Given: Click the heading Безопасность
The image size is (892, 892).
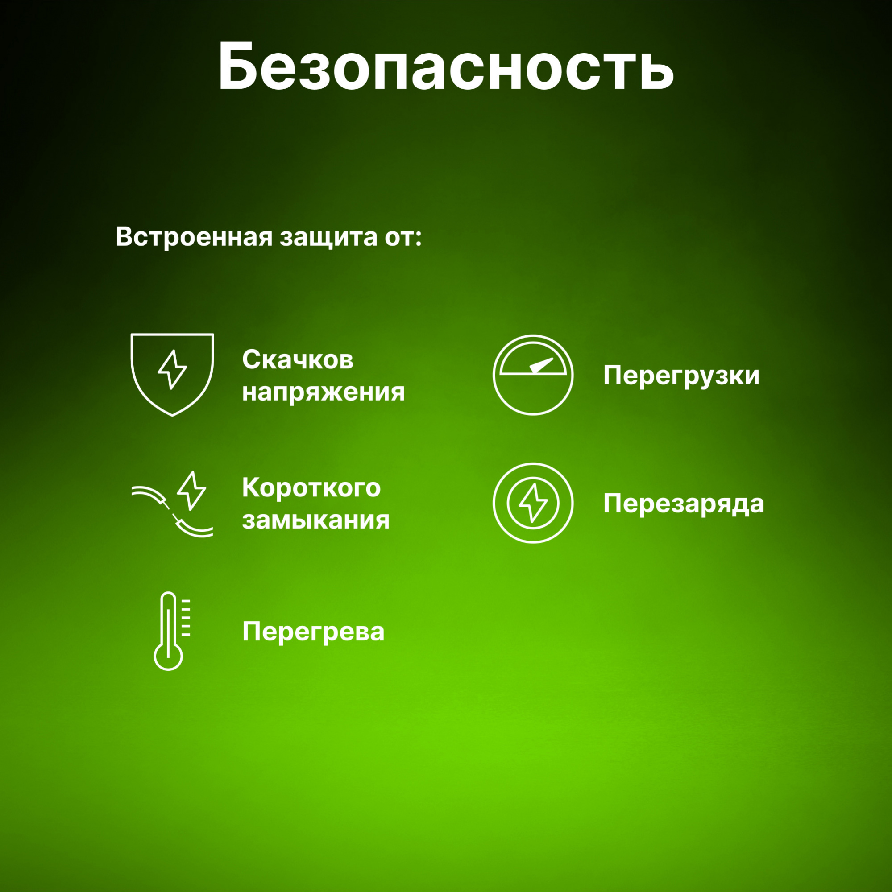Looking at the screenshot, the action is [x=445, y=66].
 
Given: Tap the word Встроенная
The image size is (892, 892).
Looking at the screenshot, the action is [x=194, y=236].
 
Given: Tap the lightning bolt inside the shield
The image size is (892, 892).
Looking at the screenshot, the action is [x=172, y=369].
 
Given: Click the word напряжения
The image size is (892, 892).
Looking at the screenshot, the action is [x=324, y=393].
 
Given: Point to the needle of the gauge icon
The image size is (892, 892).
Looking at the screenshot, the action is [x=541, y=364].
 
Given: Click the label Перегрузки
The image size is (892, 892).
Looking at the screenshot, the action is [x=681, y=376].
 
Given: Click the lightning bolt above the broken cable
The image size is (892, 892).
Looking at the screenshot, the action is [x=192, y=490].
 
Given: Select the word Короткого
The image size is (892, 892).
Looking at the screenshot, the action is [x=311, y=488].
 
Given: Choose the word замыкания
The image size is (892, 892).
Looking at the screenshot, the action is [x=316, y=521].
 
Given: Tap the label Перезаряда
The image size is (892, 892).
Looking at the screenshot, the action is [x=684, y=504].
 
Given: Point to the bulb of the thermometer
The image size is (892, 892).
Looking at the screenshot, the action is [x=168, y=656].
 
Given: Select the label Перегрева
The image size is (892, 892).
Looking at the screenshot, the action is [x=313, y=632].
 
